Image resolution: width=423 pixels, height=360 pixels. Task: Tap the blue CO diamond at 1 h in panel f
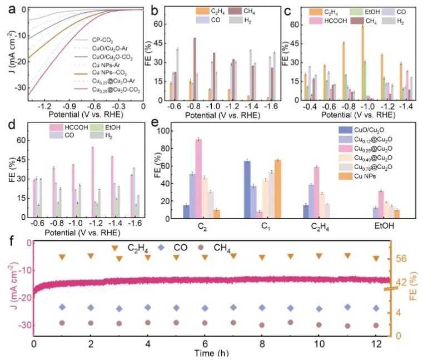click(62, 307)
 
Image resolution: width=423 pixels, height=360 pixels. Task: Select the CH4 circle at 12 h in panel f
click(376, 326)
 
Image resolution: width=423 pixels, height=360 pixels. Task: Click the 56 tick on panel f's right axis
click(402, 258)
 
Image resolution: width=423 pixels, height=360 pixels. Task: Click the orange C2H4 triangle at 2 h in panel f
click(91, 256)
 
